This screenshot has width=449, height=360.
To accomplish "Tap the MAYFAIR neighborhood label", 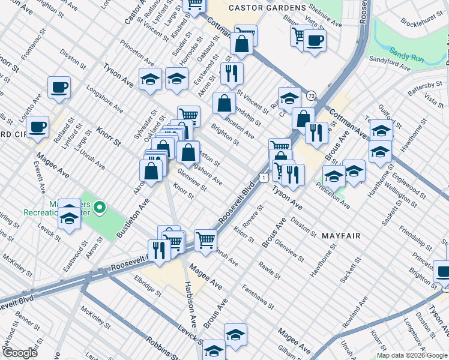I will tap(340, 236).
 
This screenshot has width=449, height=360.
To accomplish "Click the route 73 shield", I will tap(310, 95).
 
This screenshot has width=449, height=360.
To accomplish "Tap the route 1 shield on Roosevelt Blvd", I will tap(262, 176).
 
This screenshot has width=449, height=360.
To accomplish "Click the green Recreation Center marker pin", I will tap(100, 209).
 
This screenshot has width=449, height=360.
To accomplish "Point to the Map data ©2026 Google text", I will tap(412, 355).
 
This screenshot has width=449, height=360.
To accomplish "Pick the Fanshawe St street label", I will tap(258, 296).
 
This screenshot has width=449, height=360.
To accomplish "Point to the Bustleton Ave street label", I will tap(133, 220).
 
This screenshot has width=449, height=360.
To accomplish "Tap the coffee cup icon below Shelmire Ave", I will tap(314, 41).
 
